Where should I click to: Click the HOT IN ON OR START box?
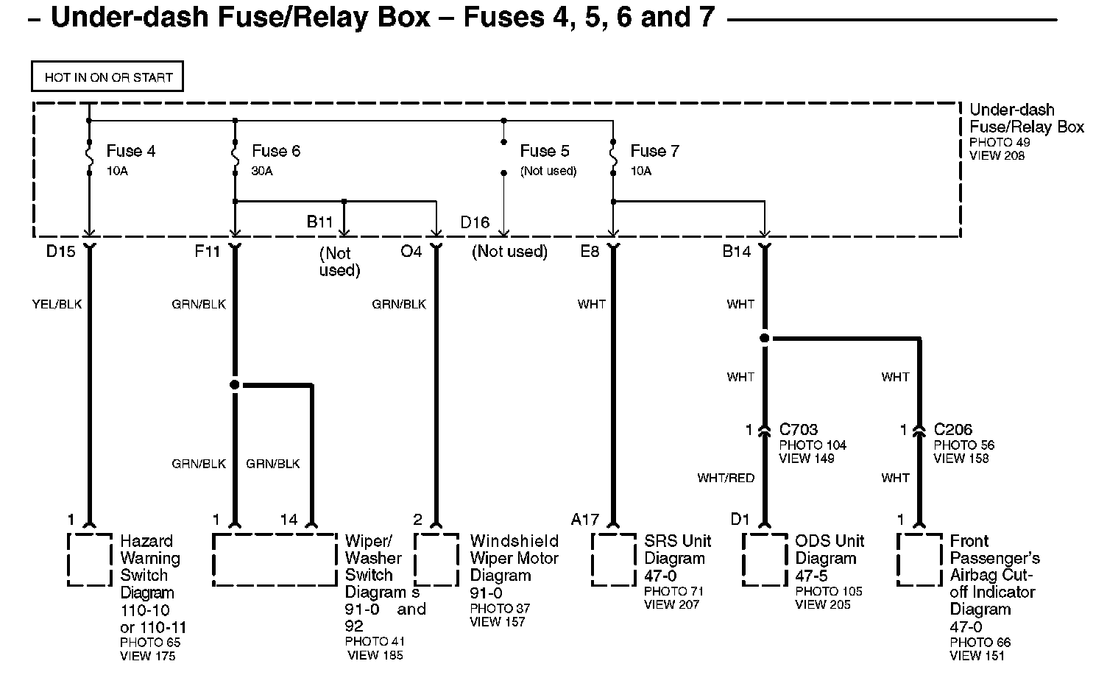107,77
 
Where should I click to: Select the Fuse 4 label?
130,151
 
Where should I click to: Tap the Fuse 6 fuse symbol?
236,155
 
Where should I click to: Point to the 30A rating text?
262,171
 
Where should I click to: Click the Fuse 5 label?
544,151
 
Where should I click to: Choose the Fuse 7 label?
654,151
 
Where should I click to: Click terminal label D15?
60,252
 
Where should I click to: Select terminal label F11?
207,252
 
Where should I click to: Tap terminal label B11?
320,222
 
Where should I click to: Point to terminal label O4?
411,252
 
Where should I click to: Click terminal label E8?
590,252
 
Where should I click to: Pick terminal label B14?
736,252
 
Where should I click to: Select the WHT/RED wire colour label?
726,478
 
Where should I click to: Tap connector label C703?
799,429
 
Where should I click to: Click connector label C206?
953,429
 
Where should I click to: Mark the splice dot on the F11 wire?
235,384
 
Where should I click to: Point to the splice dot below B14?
765,339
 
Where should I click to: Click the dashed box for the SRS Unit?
614,560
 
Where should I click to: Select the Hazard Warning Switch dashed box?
90,560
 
